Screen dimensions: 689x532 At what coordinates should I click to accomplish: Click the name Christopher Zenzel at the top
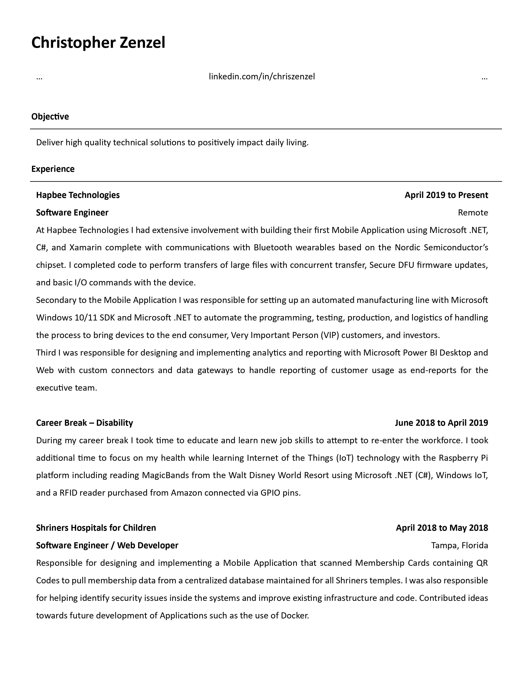[98, 43]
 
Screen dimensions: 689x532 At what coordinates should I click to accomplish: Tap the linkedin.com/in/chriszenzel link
[262, 77]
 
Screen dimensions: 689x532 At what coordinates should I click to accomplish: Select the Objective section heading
[50, 117]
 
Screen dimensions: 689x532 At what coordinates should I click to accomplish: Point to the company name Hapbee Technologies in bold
[78, 195]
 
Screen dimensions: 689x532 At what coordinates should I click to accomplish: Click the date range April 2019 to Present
[446, 195]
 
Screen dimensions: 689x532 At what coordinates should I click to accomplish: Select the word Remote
[473, 213]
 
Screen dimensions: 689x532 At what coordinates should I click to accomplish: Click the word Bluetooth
[273, 248]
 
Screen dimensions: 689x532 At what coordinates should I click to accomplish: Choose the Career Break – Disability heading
[84, 423]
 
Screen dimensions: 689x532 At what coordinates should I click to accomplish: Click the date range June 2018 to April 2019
[441, 423]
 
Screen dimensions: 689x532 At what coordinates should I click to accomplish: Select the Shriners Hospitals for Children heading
[96, 528]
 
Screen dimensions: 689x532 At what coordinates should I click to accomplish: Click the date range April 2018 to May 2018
[442, 528]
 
